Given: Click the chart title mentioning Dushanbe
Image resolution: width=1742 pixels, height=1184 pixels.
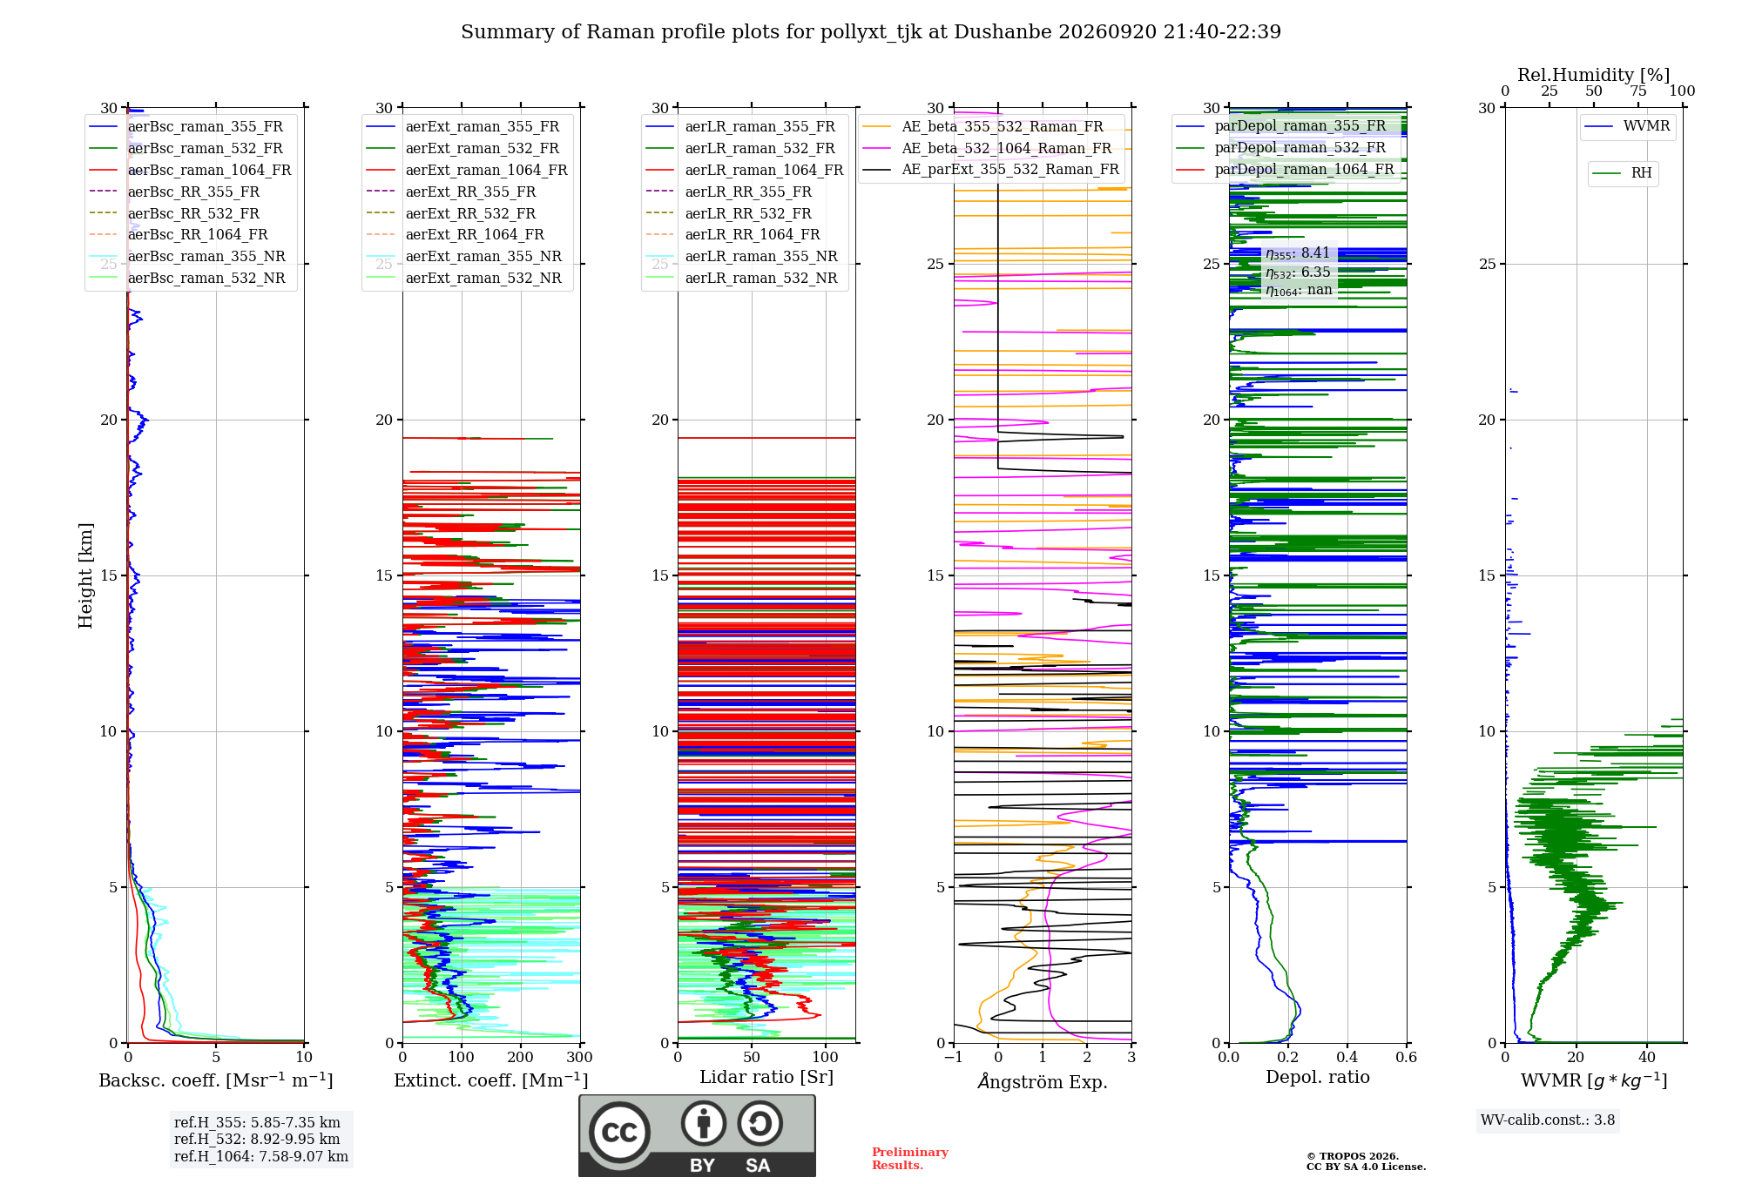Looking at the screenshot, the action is (x=871, y=32).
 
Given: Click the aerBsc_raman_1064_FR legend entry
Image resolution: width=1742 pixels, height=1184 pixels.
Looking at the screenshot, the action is (x=191, y=170).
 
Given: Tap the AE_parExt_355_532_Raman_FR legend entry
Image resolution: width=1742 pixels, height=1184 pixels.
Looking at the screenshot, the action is (x=991, y=169).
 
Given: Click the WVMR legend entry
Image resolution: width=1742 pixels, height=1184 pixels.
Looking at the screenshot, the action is (x=1627, y=126).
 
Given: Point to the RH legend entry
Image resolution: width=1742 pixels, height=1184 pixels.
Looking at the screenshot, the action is (x=1622, y=173).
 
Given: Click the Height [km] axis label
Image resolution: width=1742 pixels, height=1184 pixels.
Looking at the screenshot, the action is (x=85, y=575).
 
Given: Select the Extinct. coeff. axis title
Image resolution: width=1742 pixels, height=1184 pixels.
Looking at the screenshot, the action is (x=491, y=1080).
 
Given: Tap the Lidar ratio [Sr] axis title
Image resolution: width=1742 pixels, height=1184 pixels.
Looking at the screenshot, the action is (x=766, y=1077).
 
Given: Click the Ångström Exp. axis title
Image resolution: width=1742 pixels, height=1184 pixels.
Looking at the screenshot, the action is (x=1043, y=1081).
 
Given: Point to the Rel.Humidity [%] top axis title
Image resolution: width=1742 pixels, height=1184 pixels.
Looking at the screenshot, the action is (x=1594, y=75).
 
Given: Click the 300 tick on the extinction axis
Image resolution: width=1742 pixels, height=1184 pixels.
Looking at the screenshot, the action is (x=580, y=1057).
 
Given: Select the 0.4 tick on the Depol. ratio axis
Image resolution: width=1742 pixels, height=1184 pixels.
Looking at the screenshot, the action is (x=1347, y=1057).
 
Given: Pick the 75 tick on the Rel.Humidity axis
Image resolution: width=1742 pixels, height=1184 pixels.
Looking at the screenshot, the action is (x=1638, y=91).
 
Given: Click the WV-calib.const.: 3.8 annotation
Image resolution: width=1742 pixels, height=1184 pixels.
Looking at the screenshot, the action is (x=1548, y=1120).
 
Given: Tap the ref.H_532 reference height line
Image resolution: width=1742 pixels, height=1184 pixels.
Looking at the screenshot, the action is (x=257, y=1139).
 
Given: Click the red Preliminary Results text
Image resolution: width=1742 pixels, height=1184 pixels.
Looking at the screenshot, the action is (x=910, y=1159).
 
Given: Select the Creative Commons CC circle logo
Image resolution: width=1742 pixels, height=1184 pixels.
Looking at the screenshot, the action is (x=620, y=1133).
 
